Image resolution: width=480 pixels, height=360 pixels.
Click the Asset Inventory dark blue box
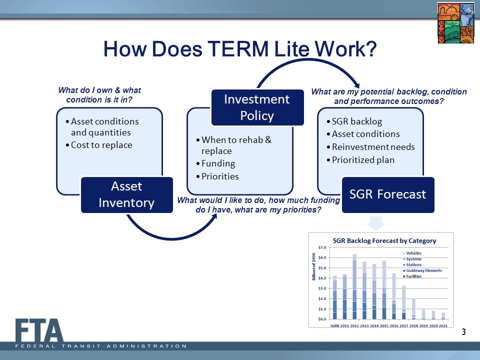click(126, 194)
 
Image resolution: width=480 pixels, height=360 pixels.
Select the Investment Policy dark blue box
click(257, 107)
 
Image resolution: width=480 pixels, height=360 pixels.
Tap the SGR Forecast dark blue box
click(388, 194)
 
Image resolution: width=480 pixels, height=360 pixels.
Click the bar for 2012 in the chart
click(354, 286)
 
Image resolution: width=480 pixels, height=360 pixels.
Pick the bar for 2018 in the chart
click(413, 309)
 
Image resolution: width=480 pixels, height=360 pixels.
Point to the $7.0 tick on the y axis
click(322, 247)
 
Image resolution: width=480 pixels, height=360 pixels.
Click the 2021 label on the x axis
click(443, 325)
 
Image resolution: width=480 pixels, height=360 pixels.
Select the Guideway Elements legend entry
click(422, 270)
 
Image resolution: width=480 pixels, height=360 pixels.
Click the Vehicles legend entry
click(412, 253)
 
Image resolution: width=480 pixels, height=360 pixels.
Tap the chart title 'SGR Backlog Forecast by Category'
click(384, 241)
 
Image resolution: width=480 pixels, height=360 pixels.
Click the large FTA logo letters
click(39, 330)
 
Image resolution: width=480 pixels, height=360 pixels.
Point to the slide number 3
click(464, 332)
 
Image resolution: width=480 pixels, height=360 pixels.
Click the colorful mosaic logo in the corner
click(456, 23)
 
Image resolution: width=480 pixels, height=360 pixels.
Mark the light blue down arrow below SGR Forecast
click(376, 223)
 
